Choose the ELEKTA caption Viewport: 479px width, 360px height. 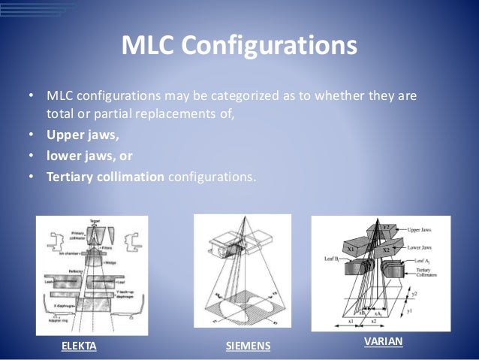click(79, 346)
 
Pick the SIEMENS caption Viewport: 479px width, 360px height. click(248, 346)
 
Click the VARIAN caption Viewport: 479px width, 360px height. click(383, 341)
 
